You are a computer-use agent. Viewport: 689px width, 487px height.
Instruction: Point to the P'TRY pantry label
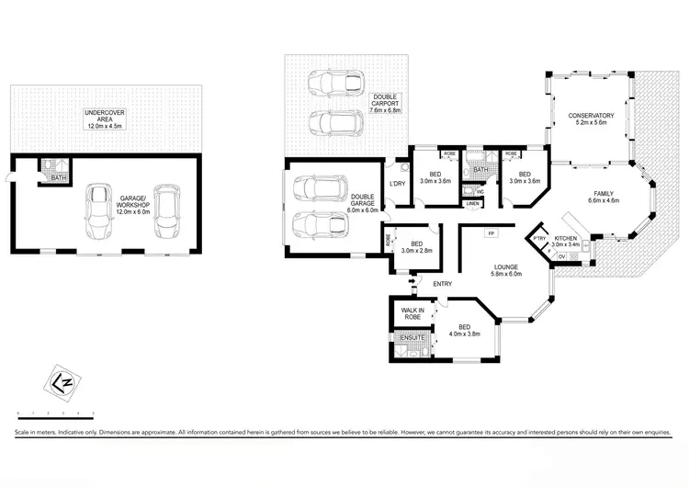[539, 240]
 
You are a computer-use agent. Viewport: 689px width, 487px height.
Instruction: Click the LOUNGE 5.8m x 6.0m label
[506, 269]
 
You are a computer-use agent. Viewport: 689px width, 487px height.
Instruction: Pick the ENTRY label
[442, 283]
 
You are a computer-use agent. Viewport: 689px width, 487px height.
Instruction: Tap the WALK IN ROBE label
[412, 313]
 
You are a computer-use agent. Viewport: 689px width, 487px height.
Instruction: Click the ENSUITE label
[410, 338]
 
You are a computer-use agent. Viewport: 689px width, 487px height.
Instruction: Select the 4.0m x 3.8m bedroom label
[465, 330]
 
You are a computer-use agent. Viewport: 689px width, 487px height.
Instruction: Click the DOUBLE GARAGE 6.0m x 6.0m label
[362, 202]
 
